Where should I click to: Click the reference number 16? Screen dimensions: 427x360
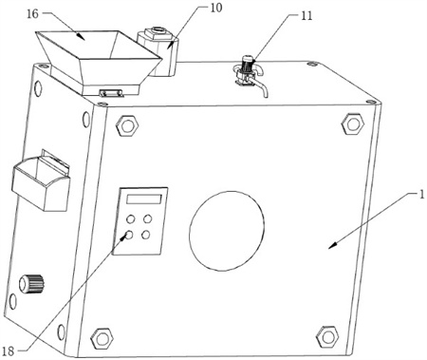tap(33, 14)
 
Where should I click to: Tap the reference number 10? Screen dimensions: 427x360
tap(216, 8)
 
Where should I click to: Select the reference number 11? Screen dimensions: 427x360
tap(306, 15)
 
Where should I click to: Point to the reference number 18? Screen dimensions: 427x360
tap(9, 351)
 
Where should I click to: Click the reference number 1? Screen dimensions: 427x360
tap(421, 195)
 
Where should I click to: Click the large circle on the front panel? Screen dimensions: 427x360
tap(227, 231)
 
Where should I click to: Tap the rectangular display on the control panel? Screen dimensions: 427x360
tap(144, 199)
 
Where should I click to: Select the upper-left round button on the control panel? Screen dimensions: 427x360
tap(130, 218)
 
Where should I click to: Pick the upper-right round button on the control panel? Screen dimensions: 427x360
tap(147, 218)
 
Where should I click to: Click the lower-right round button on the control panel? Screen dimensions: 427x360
tap(146, 236)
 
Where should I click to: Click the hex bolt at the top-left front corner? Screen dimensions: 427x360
tap(127, 125)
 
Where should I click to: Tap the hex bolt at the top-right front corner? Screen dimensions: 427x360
tap(353, 123)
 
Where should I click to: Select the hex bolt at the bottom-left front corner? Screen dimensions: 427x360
tap(102, 338)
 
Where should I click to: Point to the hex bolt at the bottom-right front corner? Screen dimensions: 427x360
tap(327, 336)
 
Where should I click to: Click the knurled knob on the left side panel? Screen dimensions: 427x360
tap(31, 283)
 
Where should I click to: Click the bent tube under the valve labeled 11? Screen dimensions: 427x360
tap(261, 87)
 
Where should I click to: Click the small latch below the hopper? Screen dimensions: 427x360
tap(111, 92)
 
